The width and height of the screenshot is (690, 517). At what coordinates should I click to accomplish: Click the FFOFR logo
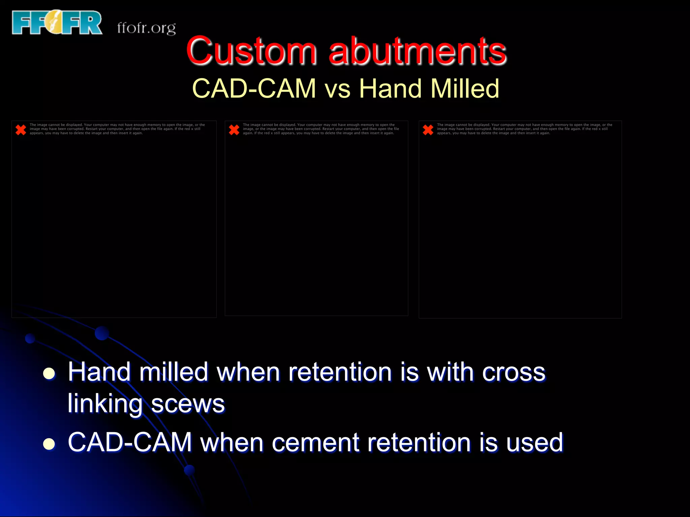pyautogui.click(x=57, y=22)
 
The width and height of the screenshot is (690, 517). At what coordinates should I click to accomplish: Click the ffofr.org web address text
pyautogui.click(x=147, y=28)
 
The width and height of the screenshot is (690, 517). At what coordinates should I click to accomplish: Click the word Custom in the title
pyautogui.click(x=251, y=51)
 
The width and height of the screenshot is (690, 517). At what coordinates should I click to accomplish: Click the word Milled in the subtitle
pyautogui.click(x=465, y=89)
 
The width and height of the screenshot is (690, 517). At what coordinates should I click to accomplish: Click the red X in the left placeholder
pyautogui.click(x=21, y=130)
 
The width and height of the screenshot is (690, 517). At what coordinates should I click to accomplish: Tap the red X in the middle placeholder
pyautogui.click(x=234, y=130)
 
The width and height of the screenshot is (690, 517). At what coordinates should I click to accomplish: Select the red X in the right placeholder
pyautogui.click(x=428, y=130)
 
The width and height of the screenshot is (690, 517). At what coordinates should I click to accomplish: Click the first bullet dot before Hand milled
pyautogui.click(x=49, y=373)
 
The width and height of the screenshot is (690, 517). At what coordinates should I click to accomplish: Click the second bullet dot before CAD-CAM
pyautogui.click(x=49, y=444)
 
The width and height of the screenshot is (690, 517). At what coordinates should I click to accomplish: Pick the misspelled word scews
pyautogui.click(x=188, y=404)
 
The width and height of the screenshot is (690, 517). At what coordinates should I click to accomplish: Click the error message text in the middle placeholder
pyautogui.click(x=321, y=129)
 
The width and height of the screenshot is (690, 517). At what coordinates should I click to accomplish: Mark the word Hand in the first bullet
pyautogui.click(x=99, y=372)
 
